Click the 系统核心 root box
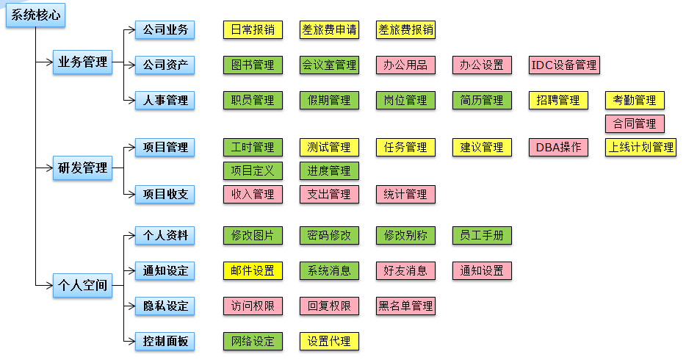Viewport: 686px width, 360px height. coord(36,15)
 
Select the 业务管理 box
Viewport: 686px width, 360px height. coord(83,62)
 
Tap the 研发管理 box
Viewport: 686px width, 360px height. coord(83,168)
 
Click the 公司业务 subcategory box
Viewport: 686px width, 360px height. coord(165,30)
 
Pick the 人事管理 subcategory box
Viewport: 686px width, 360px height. coord(165,100)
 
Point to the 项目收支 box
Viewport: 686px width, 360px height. coord(165,194)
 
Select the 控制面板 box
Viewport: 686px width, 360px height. coord(165,341)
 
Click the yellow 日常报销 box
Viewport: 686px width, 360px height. coord(253,30)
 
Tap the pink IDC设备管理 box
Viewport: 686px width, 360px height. coord(564,65)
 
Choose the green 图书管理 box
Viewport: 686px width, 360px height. coord(253,65)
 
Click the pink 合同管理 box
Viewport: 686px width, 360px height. coord(635,123)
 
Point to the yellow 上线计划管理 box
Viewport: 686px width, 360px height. coord(640,147)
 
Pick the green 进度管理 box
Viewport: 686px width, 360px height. coord(329,170)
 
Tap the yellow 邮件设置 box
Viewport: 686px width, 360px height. coord(253,270)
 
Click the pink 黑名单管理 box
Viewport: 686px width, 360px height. coord(405,306)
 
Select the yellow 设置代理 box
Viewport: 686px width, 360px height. coord(329,341)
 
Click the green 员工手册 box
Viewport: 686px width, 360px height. coord(482,235)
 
